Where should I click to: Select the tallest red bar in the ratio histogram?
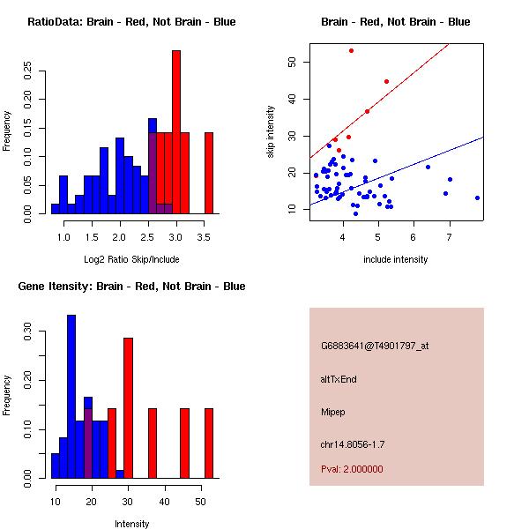[x=176, y=132]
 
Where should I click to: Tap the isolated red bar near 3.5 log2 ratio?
[x=209, y=173]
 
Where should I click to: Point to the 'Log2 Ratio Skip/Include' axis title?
[x=131, y=259]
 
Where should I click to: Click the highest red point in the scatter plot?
[x=351, y=50]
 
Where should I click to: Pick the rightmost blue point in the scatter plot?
[x=477, y=197]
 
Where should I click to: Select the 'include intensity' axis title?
[x=396, y=259]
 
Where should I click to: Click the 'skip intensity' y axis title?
[x=272, y=132]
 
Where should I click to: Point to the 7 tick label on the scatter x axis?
[x=450, y=237]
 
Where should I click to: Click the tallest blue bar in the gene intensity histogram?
[x=71, y=396]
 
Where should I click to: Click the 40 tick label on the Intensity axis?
[x=164, y=502]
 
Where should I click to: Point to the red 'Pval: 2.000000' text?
[x=352, y=469]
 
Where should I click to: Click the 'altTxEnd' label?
[x=339, y=379]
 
